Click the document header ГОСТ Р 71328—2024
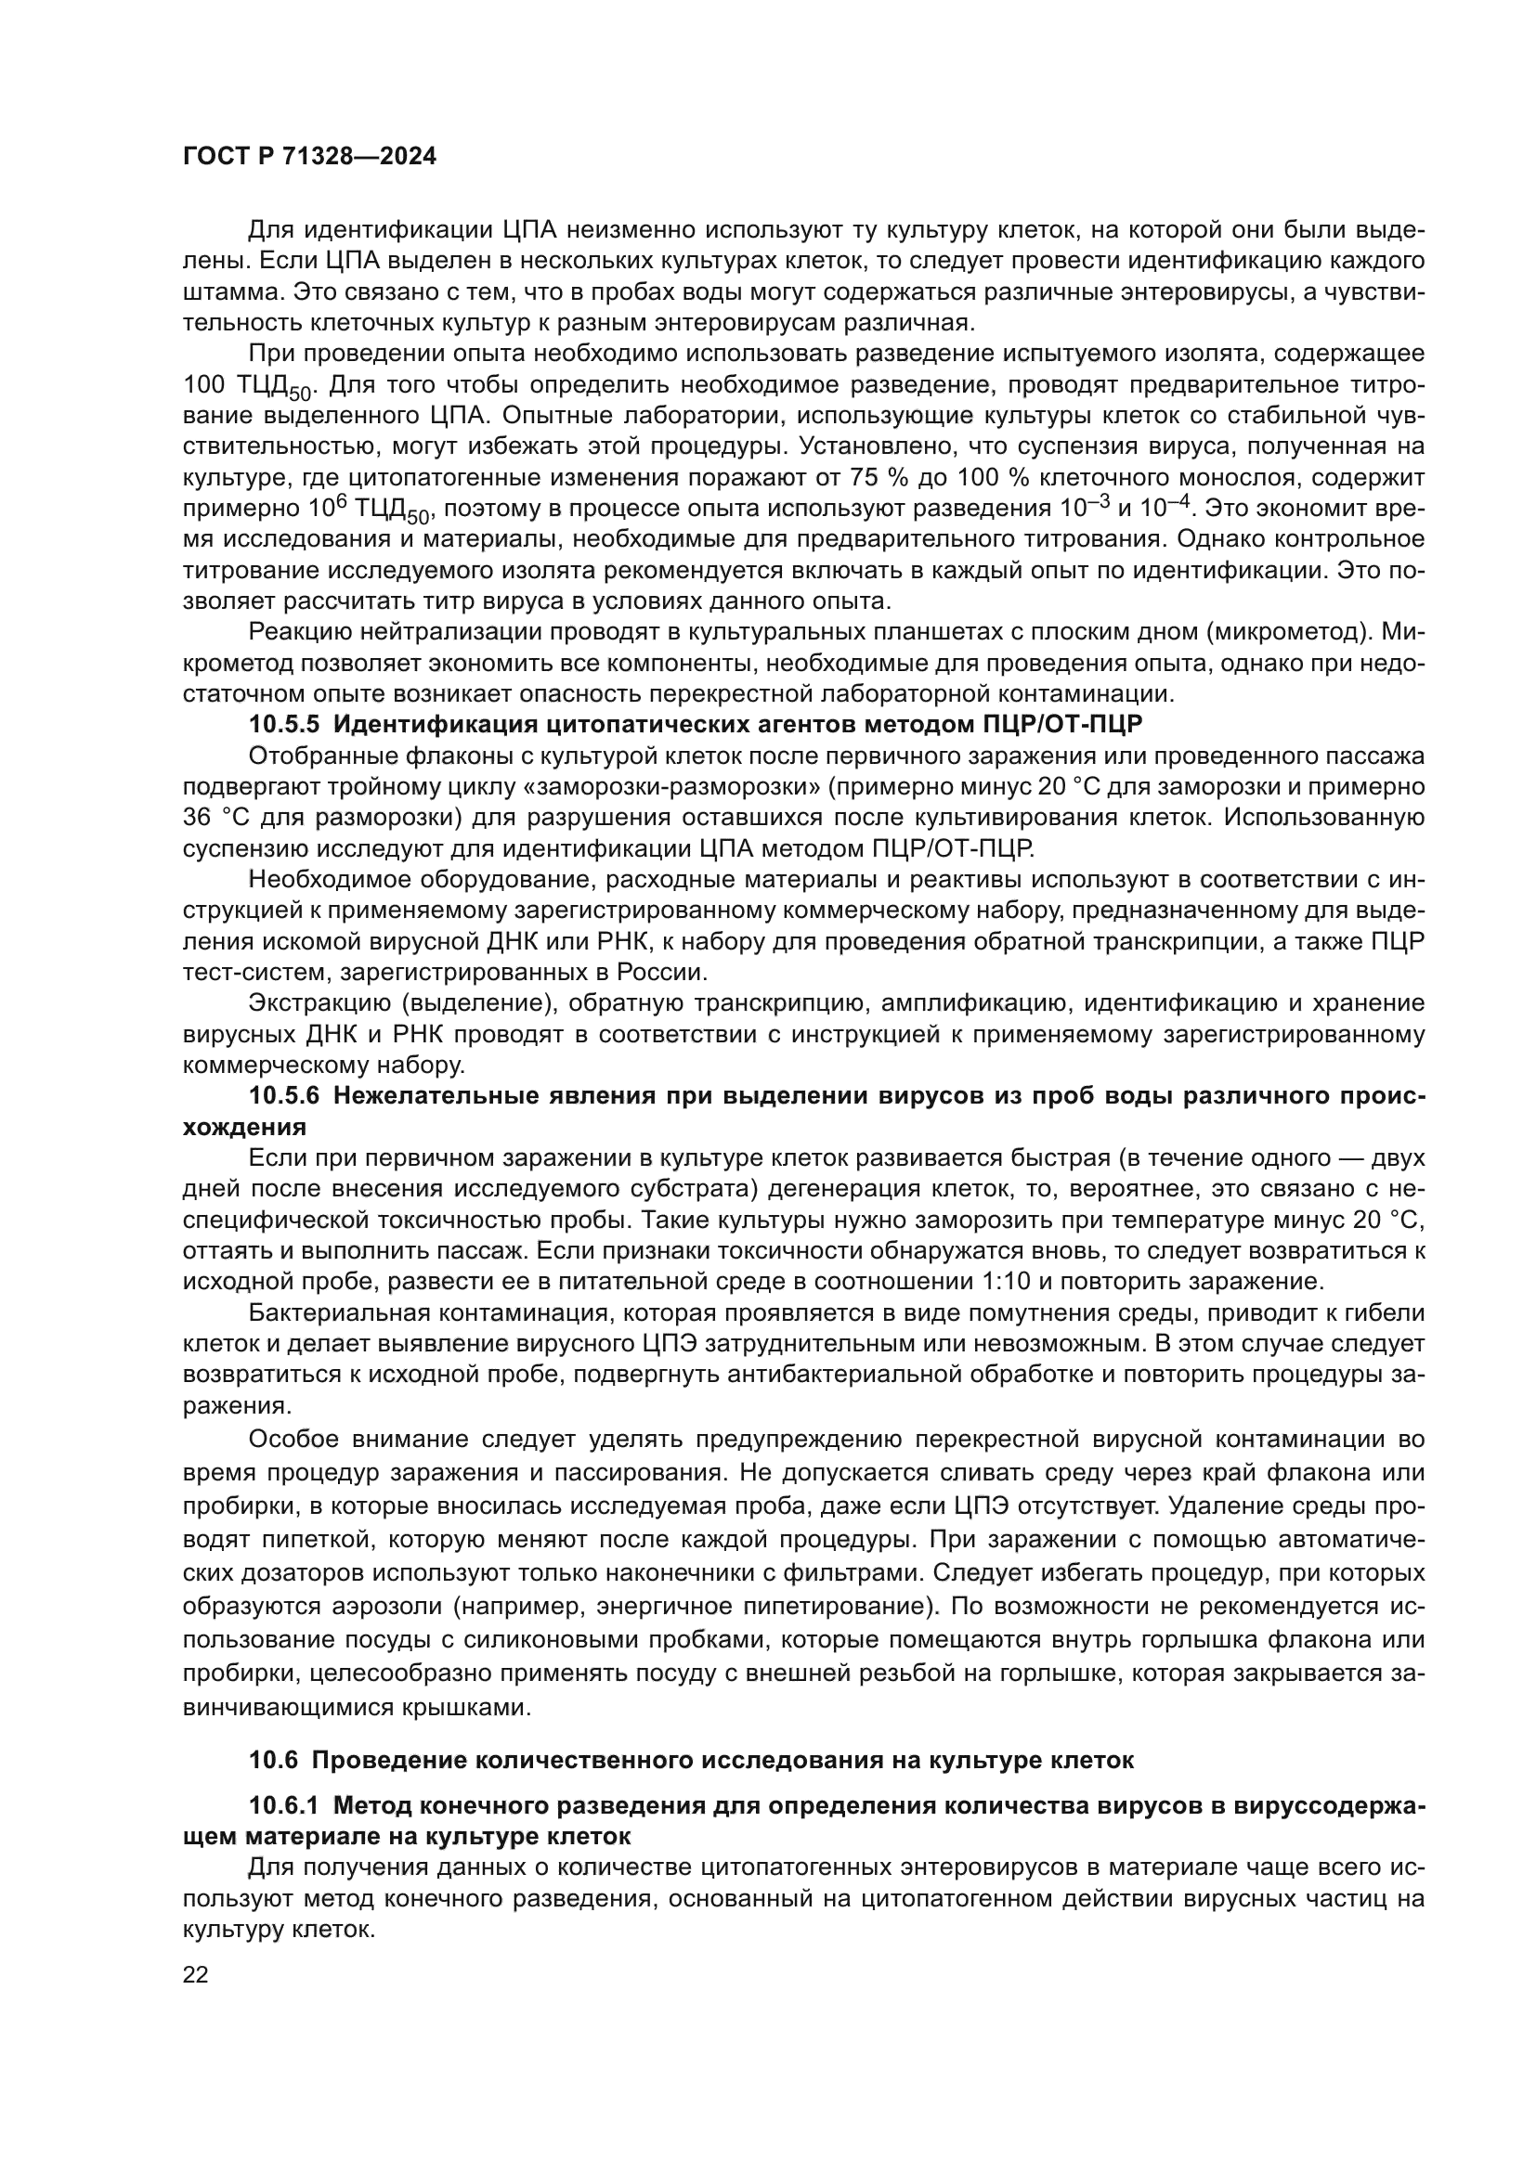point(309,157)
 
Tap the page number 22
point(195,1974)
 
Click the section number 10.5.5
point(284,725)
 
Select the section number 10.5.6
point(284,1096)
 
